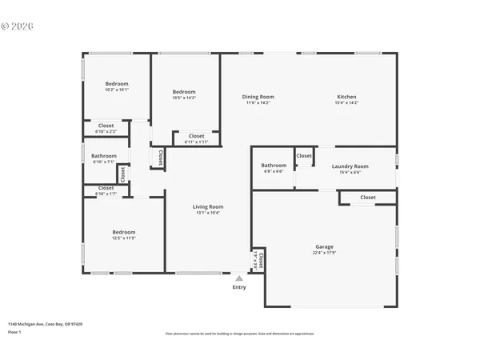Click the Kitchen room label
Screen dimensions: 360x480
346,97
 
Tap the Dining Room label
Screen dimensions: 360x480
258,97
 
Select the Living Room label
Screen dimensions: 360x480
207,207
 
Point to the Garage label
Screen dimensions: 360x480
324,246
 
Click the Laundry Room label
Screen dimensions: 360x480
350,166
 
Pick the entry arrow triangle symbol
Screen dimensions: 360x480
238,278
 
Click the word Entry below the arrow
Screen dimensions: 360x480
239,287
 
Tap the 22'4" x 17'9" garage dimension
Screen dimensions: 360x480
324,253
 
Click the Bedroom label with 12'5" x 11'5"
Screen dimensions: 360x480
124,232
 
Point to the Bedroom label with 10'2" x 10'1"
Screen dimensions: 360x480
117,83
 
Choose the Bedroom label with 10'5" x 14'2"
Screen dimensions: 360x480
184,92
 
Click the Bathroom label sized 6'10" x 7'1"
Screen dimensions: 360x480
104,156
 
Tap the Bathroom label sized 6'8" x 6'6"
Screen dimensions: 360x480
274,166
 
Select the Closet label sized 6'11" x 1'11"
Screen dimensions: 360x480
197,136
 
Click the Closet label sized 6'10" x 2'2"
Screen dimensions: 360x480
106,126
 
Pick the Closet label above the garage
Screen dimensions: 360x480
368,197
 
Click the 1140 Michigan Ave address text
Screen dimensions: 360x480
45,324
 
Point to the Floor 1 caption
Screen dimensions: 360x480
14,330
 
